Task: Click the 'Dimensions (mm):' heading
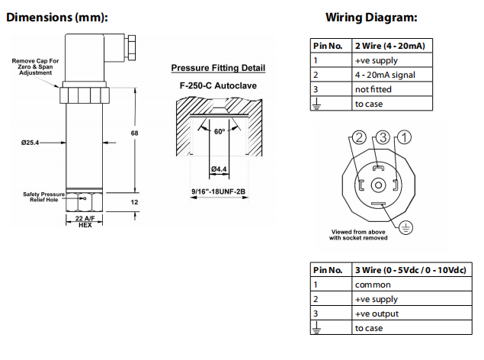tap(57, 17)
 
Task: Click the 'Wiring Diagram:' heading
tap(371, 17)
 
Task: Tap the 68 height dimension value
tap(135, 133)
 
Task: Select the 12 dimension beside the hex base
tap(135, 202)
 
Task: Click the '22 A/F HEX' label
tap(85, 222)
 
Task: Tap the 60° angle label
tap(219, 131)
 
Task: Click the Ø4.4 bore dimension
tap(219, 169)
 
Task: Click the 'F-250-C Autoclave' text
tap(219, 85)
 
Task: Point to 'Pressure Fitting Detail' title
tap(219, 68)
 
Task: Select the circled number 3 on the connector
tap(383, 137)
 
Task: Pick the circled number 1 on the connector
tap(404, 137)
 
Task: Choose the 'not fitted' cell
tap(373, 89)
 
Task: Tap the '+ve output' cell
tap(377, 313)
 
